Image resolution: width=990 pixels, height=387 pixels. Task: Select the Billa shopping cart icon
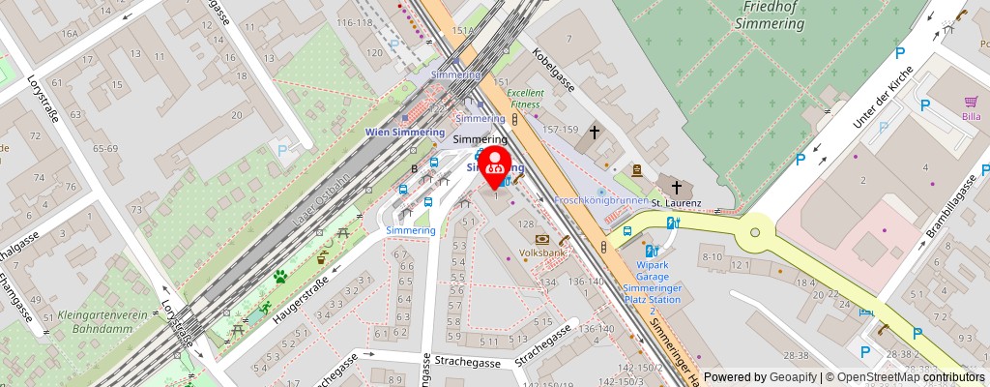tap(972, 102)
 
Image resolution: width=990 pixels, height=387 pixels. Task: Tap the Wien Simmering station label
tap(404, 132)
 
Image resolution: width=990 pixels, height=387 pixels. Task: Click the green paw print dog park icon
tap(279, 277)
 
